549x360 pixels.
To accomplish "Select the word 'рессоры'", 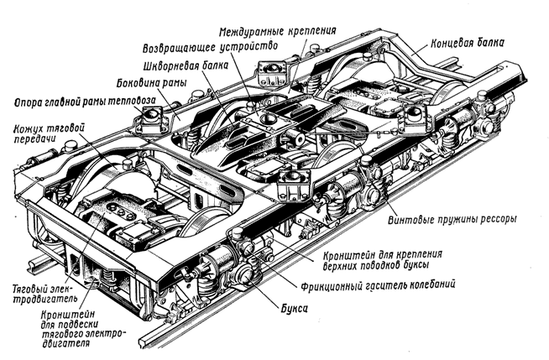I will [x=495, y=219].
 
